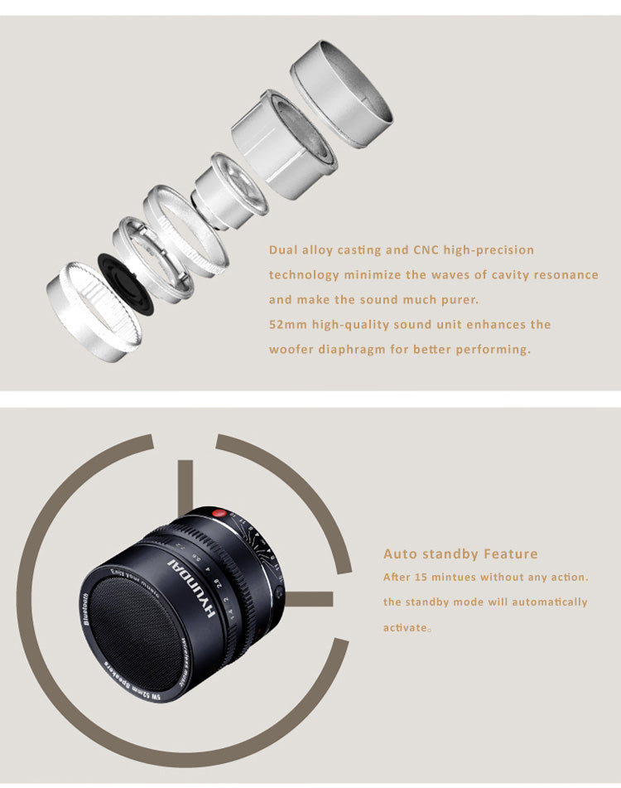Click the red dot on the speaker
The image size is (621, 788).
219,514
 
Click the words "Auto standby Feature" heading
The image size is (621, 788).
460,554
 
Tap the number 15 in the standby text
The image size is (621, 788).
421,577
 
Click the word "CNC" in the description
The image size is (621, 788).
426,249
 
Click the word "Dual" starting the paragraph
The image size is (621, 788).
282,249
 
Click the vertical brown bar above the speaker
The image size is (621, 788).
185,486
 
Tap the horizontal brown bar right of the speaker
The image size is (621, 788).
310,598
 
